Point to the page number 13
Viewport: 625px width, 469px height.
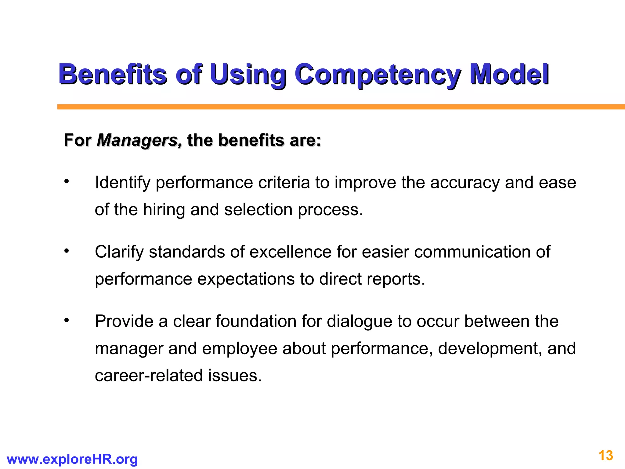pos(605,456)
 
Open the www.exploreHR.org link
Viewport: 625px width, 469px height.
pos(72,459)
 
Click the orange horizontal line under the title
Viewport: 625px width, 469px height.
pos(336,107)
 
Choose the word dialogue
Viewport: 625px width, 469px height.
pos(359,322)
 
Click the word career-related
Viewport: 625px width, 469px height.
pos(149,376)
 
